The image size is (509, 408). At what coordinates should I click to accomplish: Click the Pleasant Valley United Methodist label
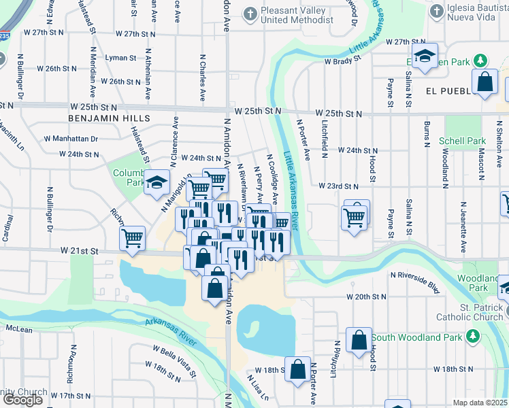coord(297,14)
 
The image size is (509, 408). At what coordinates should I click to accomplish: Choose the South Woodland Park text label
coord(417,337)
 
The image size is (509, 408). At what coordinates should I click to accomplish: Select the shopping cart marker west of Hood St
coord(355,218)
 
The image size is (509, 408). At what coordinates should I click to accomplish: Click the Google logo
coord(22,400)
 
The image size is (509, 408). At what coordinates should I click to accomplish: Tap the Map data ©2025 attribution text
coord(480,403)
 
